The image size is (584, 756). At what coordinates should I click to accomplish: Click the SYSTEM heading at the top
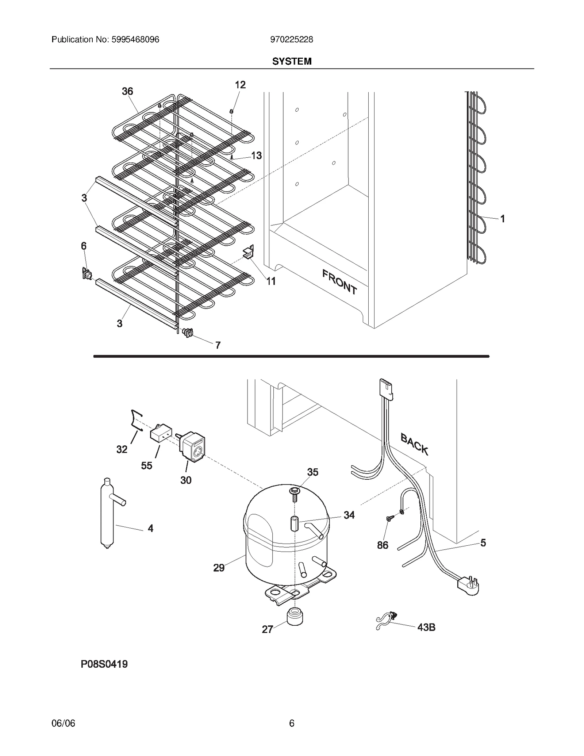point(292,61)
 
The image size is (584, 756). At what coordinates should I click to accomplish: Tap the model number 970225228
point(291,39)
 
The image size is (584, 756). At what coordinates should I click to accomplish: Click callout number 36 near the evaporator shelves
point(127,91)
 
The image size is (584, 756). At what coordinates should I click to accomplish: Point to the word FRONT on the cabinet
point(339,281)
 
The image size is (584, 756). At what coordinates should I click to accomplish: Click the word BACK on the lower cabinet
point(414,444)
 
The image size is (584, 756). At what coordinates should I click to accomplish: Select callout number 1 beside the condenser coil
point(502,219)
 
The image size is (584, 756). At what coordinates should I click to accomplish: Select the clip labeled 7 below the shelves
point(188,332)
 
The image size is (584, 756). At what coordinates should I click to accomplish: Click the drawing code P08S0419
point(104,664)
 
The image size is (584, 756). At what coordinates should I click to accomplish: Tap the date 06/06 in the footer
point(64,723)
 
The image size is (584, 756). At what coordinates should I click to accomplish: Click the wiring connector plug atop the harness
point(386,389)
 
